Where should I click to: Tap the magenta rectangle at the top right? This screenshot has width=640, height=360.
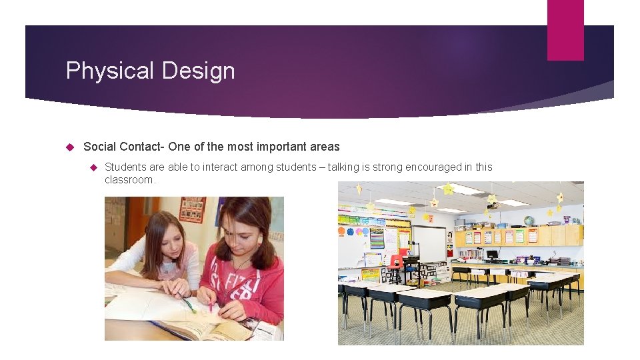click(x=565, y=30)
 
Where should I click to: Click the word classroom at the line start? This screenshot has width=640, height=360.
click(x=129, y=180)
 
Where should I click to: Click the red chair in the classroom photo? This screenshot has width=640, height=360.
click(x=397, y=261)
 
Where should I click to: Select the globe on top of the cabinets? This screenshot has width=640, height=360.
click(x=528, y=221)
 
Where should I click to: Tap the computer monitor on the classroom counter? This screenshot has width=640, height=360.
click(x=492, y=254)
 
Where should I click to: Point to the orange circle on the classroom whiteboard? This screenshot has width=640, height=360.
click(x=341, y=232)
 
